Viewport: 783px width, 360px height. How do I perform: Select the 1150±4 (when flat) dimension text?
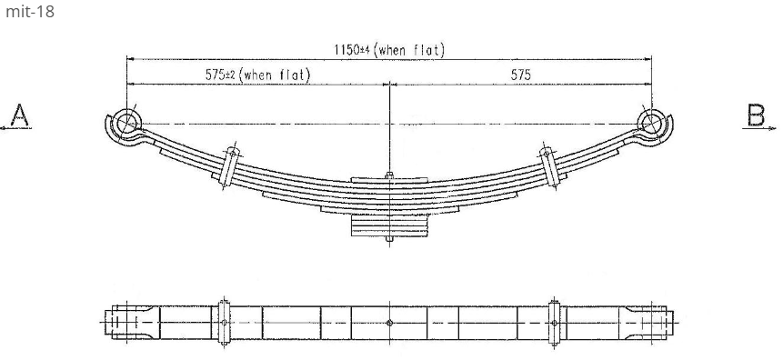coord(389,50)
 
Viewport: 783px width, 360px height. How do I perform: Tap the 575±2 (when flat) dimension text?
coord(256,75)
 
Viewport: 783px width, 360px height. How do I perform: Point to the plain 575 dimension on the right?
coord(521,75)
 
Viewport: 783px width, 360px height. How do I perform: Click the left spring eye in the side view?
coord(126,122)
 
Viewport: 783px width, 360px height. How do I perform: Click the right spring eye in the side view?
coord(652,122)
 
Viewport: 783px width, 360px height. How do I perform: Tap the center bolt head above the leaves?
coord(389,175)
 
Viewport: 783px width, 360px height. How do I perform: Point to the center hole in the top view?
coord(389,323)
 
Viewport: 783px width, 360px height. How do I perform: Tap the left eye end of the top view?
coord(123,323)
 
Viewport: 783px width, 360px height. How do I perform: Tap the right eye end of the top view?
coord(656,323)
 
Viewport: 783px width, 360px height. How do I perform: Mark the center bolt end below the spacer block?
coord(389,240)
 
